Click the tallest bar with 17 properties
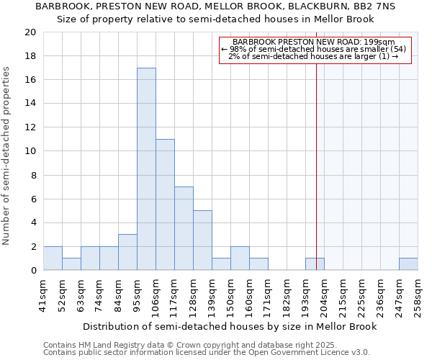click(x=146, y=169)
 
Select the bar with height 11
click(x=165, y=204)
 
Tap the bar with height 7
click(x=184, y=228)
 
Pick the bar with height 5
click(x=202, y=240)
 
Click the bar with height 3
click(x=127, y=252)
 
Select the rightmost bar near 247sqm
click(x=408, y=264)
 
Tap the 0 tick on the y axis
click(x=32, y=271)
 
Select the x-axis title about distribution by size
click(x=230, y=326)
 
